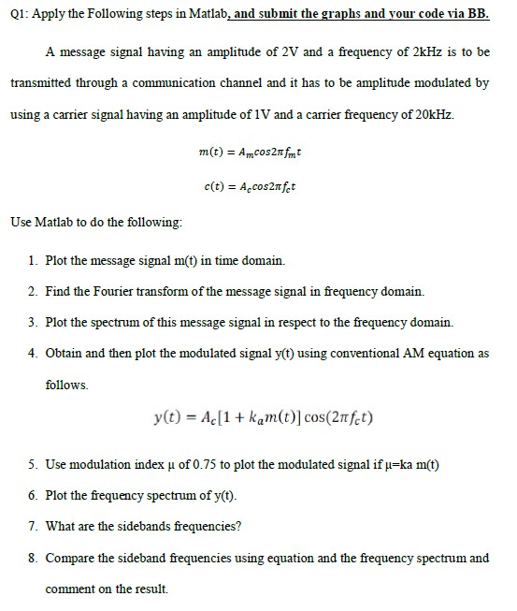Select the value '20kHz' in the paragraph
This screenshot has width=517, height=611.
(x=429, y=114)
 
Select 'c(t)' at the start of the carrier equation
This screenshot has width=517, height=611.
(x=215, y=182)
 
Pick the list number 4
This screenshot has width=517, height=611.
(x=32, y=354)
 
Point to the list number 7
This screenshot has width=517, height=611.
(x=32, y=526)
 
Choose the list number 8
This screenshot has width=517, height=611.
(x=32, y=558)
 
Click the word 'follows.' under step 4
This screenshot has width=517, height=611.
(x=67, y=385)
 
